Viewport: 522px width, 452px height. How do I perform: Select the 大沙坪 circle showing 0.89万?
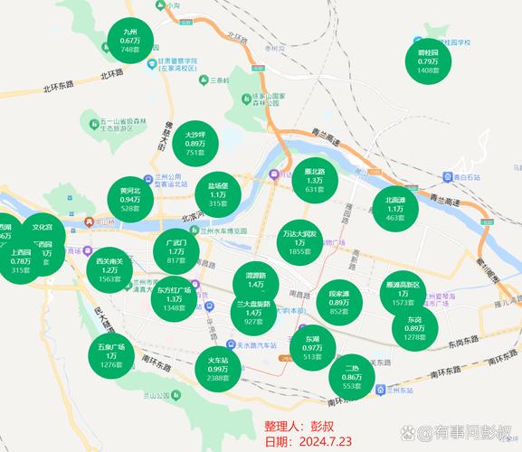tap(196, 143)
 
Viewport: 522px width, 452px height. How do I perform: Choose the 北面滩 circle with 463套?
tap(394, 209)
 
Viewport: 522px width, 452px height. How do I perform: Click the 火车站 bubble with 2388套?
tap(218, 368)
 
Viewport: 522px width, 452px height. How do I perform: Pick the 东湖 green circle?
tap(312, 347)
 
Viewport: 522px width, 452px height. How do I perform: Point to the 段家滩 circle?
tap(339, 302)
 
